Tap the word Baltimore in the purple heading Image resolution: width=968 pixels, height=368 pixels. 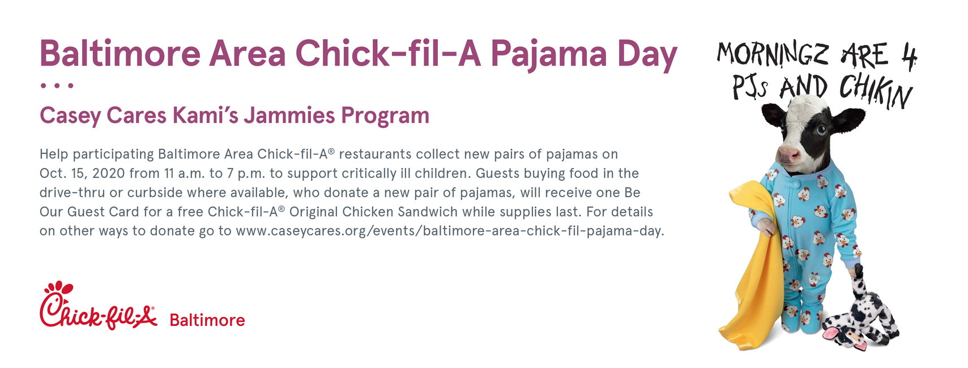coord(120,54)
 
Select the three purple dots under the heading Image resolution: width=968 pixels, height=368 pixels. coord(57,85)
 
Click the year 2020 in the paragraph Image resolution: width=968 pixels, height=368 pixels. coord(108,173)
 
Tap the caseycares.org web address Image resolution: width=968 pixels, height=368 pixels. coord(449,231)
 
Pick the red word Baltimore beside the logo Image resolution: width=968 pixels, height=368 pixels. coord(207,320)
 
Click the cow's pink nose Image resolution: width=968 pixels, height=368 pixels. coord(788,155)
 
